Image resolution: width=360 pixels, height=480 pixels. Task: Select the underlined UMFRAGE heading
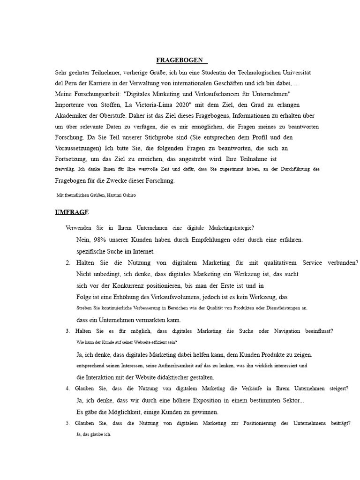point(72,212)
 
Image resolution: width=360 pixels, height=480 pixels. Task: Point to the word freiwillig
point(64,168)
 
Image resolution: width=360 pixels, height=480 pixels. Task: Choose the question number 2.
point(68,262)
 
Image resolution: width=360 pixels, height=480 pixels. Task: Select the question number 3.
point(68,331)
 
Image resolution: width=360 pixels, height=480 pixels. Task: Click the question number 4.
point(68,389)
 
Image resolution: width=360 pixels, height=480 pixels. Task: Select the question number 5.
point(68,423)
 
